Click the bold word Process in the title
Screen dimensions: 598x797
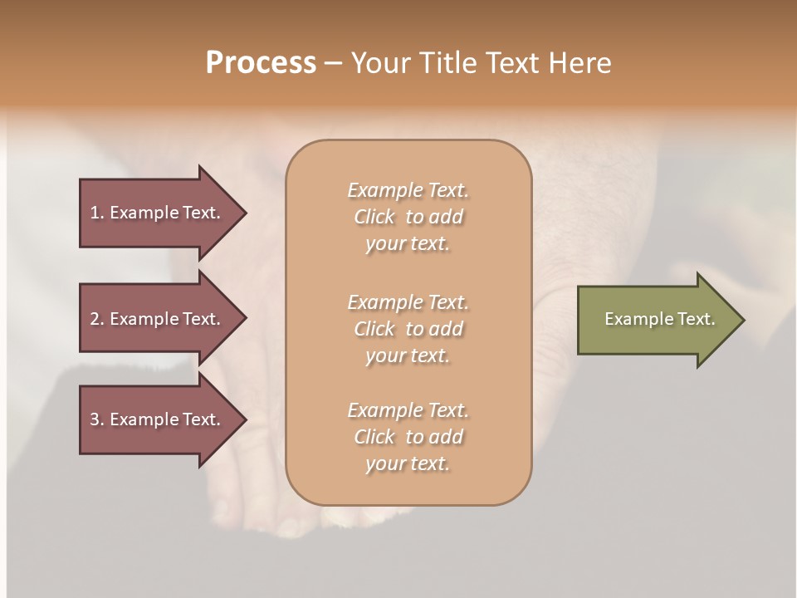coord(261,63)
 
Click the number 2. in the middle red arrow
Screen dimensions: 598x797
coord(97,319)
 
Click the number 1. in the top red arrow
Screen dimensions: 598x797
coord(97,213)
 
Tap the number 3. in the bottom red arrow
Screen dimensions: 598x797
coord(97,419)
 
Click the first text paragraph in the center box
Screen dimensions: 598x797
coord(408,217)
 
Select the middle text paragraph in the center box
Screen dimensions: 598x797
coord(408,329)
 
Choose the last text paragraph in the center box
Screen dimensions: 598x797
coord(408,437)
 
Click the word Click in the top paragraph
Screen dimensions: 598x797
coord(374,217)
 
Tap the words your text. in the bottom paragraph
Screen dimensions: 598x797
coord(408,463)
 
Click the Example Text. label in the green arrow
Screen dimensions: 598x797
coord(659,319)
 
